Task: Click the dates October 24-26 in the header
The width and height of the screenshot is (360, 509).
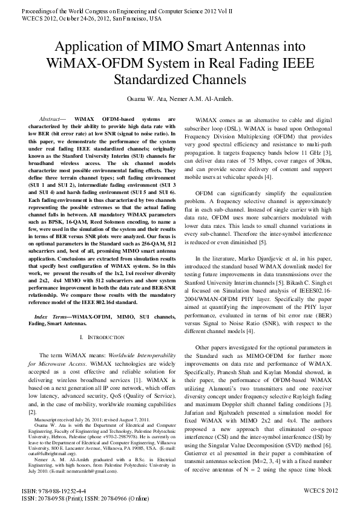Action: coord(64,19)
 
